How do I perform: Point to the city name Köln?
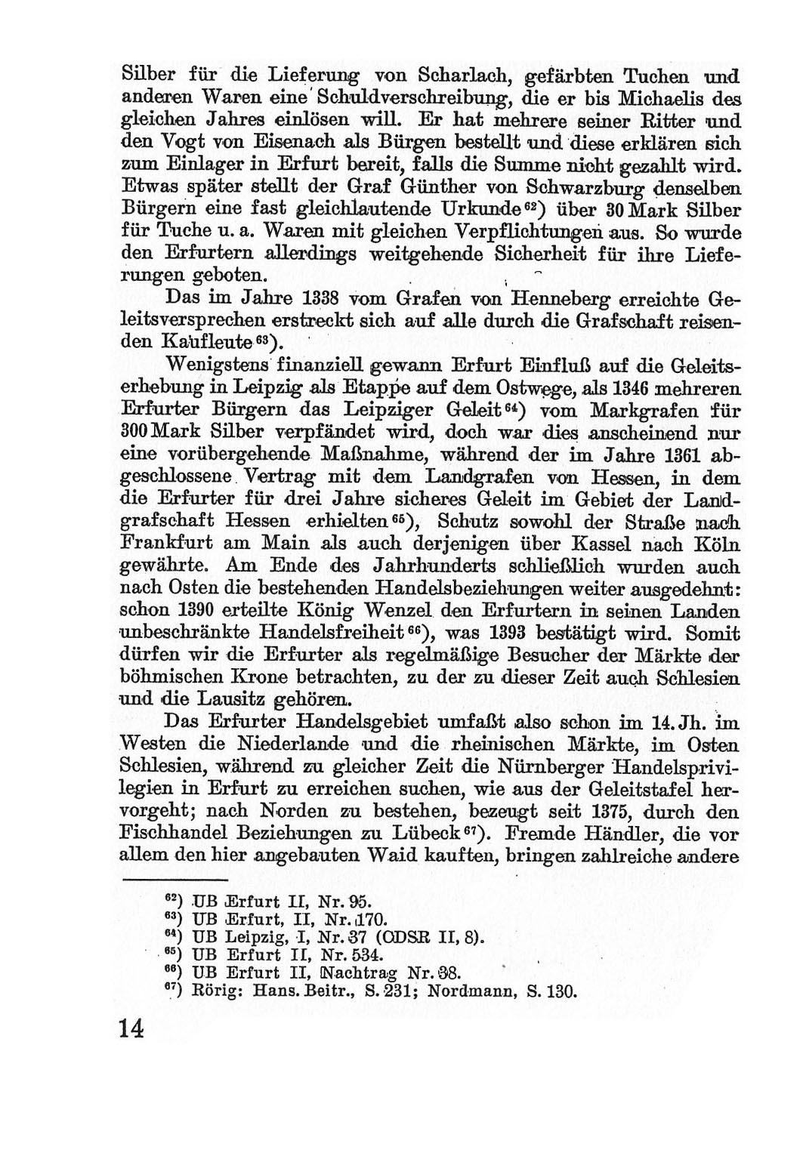(x=716, y=544)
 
